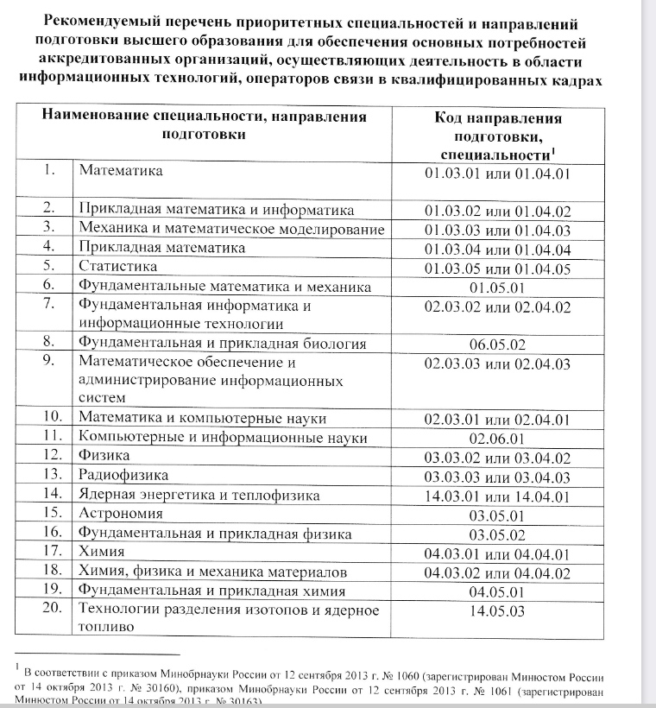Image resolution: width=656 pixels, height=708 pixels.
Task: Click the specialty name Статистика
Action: point(117,267)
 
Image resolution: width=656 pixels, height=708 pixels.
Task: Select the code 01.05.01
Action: point(497,287)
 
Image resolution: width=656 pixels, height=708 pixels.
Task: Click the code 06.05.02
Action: point(497,344)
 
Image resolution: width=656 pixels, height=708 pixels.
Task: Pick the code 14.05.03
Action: point(497,612)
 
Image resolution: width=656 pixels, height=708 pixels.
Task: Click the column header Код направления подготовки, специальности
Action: point(497,136)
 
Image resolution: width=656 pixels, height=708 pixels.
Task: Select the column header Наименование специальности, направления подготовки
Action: point(204,126)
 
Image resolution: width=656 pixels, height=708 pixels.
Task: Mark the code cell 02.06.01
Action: point(497,439)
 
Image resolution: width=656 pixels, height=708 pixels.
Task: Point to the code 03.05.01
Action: point(497,515)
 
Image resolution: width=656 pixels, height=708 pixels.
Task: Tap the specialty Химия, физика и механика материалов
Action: point(212,572)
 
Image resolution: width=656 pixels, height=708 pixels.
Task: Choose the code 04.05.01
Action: point(497,592)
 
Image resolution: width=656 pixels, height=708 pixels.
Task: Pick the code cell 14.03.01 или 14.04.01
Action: point(497,496)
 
